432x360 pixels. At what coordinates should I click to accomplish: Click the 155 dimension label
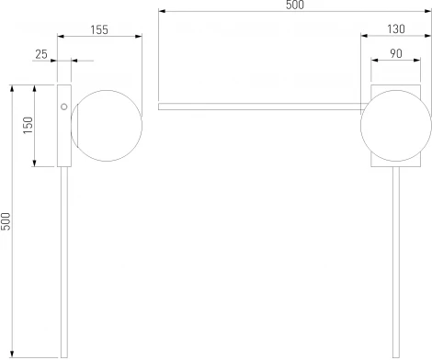point(99,29)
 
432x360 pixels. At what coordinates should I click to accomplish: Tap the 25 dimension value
point(41,54)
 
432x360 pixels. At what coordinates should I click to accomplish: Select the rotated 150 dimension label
point(28,125)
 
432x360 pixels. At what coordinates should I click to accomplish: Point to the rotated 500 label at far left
point(6,221)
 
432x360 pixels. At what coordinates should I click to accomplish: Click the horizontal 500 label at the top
point(295,5)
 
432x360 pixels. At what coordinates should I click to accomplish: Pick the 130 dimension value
point(396,29)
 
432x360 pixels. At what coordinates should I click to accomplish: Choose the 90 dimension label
point(396,53)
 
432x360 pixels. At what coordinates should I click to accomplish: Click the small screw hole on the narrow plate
point(64,107)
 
